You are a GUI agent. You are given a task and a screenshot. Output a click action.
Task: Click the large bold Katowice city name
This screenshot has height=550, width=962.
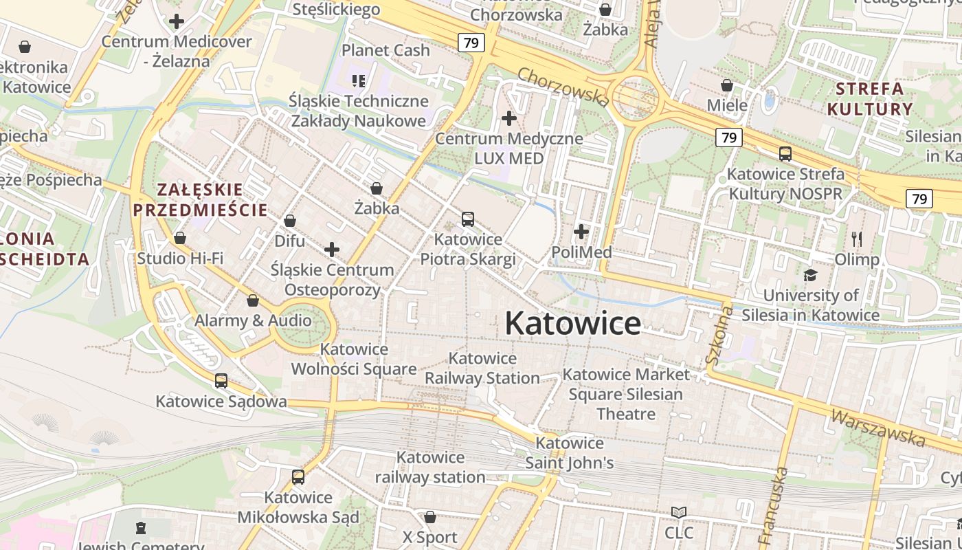tap(573, 324)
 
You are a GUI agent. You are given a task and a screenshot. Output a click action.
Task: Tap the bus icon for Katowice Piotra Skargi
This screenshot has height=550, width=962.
tap(468, 219)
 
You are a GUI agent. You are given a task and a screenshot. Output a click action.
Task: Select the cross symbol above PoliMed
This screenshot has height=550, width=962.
tap(581, 232)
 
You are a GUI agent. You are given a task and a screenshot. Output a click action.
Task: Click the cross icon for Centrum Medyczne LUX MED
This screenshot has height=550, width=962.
tap(509, 118)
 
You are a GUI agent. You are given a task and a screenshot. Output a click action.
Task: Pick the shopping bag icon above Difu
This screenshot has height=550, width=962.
tap(290, 221)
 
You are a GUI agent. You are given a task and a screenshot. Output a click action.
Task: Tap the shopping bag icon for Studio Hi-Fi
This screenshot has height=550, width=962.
tap(180, 238)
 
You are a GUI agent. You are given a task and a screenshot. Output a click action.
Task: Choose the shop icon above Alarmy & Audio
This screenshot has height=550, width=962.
tap(253, 300)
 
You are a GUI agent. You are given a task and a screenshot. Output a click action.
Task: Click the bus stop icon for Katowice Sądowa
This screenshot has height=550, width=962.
tap(221, 380)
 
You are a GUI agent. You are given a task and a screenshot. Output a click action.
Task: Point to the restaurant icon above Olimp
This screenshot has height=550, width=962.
tap(857, 239)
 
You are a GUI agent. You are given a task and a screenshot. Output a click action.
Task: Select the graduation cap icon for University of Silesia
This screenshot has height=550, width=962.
tap(811, 275)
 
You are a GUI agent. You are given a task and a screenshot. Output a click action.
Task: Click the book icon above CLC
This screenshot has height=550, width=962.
tap(679, 512)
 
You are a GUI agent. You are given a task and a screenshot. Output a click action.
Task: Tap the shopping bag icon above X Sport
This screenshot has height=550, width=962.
tap(430, 516)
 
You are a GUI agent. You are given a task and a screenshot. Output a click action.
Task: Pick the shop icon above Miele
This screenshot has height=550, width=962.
tap(727, 86)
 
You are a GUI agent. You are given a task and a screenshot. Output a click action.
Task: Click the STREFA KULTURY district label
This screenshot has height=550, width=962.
tap(870, 99)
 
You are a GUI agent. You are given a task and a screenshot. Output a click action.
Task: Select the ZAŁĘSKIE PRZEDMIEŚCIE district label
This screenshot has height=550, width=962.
tap(200, 200)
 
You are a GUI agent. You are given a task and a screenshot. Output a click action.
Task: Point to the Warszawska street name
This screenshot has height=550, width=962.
tap(878, 426)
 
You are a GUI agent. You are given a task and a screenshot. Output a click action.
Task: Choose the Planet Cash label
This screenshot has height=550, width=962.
tap(385, 50)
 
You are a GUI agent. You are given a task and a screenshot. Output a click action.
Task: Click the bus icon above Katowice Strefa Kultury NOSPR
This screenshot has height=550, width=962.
tap(785, 154)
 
